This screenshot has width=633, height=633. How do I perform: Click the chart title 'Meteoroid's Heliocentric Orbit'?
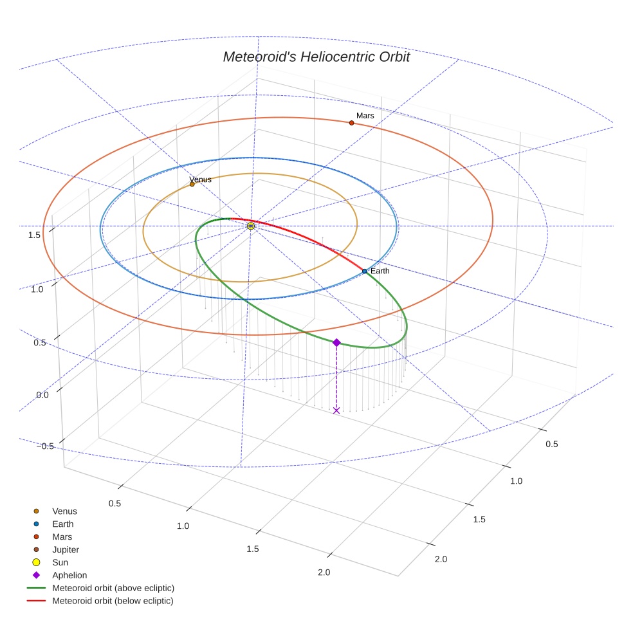point(316,57)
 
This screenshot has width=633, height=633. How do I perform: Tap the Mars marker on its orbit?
point(352,123)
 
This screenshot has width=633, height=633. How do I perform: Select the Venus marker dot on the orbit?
point(192,184)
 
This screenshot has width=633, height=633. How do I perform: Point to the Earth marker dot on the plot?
point(365,271)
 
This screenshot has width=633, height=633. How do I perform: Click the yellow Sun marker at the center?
point(251,226)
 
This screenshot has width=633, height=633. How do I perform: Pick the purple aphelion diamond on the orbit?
point(336,342)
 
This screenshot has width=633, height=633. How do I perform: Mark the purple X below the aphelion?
point(336,410)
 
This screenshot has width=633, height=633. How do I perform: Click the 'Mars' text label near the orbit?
point(365,115)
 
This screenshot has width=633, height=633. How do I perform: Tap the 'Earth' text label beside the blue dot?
point(380,271)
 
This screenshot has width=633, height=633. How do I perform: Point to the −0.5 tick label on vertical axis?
point(45,446)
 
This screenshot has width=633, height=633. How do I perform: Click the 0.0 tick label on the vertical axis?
point(42,395)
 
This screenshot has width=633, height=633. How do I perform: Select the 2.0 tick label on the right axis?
point(441,559)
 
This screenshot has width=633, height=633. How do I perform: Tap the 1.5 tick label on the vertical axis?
point(34,235)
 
